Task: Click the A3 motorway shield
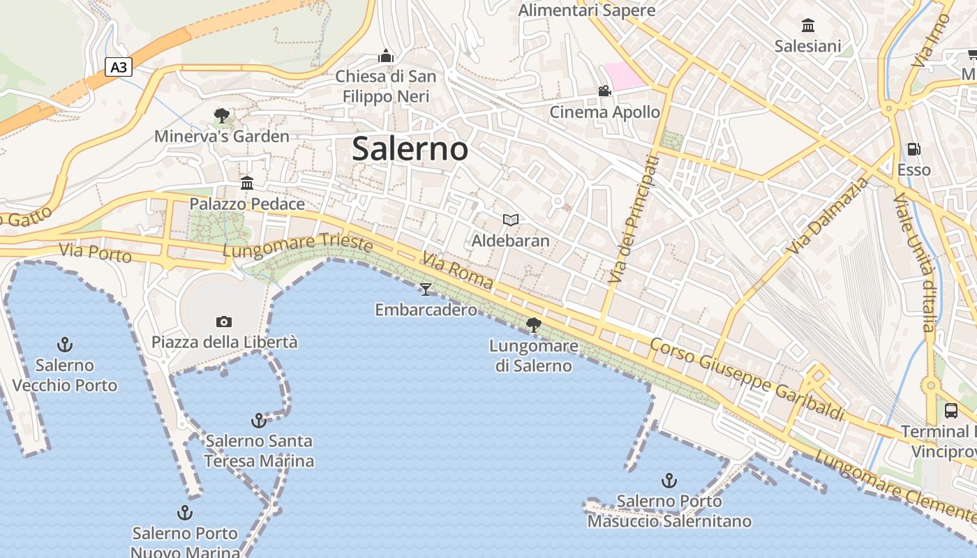(x=119, y=67)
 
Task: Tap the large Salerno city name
(x=410, y=149)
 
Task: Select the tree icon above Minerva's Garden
(x=222, y=115)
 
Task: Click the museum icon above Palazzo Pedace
(x=247, y=183)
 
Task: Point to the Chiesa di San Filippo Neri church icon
(x=386, y=56)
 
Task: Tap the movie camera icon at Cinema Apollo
(x=604, y=91)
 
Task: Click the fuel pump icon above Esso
(x=913, y=149)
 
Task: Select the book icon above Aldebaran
(x=511, y=220)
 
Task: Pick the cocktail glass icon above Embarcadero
(x=426, y=289)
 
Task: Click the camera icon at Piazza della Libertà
(x=224, y=322)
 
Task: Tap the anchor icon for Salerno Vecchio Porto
(x=65, y=344)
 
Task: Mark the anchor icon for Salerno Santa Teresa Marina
(x=259, y=420)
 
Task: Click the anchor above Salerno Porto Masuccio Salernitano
(x=669, y=480)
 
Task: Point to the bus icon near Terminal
(x=950, y=410)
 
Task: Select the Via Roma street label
(x=457, y=271)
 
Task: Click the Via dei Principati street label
(x=633, y=219)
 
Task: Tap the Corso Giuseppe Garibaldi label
(x=747, y=379)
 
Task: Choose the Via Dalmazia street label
(x=828, y=216)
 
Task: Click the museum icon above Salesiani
(x=808, y=26)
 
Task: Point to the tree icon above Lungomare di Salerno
(x=534, y=324)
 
